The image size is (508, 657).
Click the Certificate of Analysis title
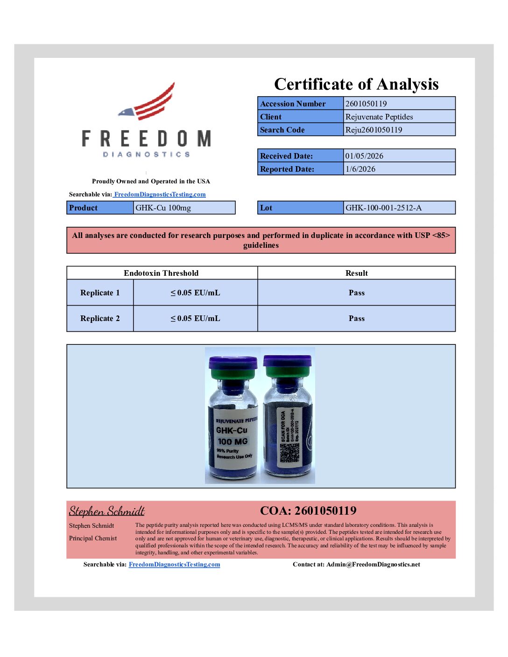(356, 84)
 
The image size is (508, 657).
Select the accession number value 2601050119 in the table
(366, 104)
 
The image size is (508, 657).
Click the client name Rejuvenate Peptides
(379, 117)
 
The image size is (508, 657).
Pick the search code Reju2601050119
(374, 130)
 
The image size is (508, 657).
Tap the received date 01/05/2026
(364, 156)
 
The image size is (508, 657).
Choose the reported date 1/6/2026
(360, 169)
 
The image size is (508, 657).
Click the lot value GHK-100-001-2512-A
(383, 208)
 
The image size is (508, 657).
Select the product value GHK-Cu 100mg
(163, 208)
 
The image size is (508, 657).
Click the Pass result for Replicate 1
(356, 293)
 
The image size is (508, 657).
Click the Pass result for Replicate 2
(356, 318)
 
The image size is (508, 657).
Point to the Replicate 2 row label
(100, 318)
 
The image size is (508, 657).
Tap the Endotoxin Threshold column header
(161, 273)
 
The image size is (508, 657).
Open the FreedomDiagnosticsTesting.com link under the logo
(160, 195)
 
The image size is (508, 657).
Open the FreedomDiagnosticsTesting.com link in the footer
(174, 565)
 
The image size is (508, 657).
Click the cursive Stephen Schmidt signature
(106, 511)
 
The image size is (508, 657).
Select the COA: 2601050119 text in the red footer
(308, 510)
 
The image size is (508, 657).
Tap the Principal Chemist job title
(93, 538)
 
